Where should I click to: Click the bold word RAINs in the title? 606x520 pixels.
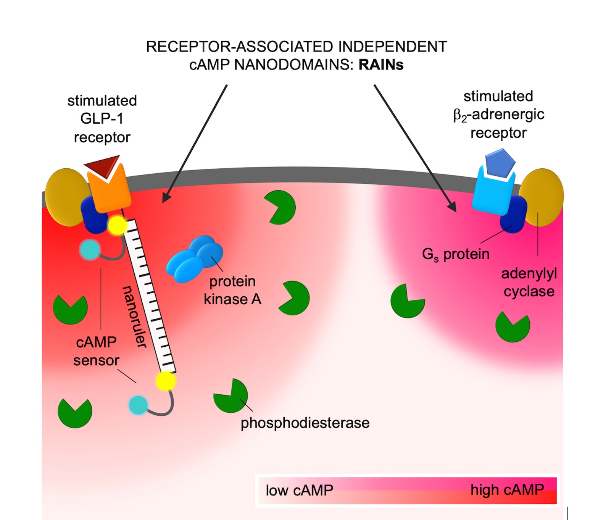pos(381,65)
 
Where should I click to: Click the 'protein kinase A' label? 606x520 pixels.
pos(232,290)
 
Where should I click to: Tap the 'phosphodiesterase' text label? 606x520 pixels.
pos(305,423)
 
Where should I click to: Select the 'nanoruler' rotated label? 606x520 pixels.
pos(134,317)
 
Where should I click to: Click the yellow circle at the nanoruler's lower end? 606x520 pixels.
pos(166,381)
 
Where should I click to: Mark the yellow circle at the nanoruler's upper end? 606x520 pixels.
pos(117,226)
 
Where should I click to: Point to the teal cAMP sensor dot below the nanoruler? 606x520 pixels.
pos(138,405)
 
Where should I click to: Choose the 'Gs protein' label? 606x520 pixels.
pos(456,254)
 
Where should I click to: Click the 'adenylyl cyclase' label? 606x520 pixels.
pos(529,283)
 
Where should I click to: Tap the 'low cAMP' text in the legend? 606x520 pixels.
pos(300,490)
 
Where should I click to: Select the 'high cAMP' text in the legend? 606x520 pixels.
pos(507,489)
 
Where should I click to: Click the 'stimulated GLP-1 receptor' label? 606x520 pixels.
pos(102,119)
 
